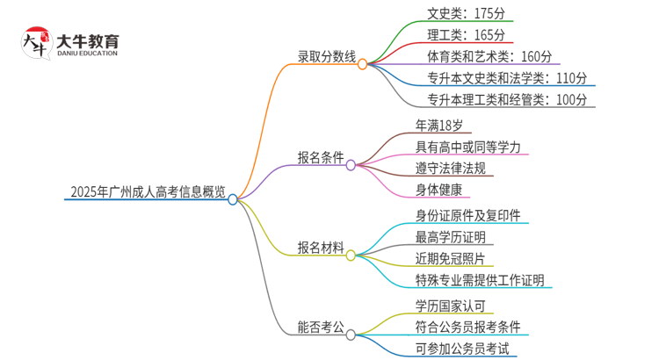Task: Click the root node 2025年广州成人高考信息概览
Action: [148, 192]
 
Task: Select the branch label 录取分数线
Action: [327, 58]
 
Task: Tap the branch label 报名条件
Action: [321, 158]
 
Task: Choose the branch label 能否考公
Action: [321, 328]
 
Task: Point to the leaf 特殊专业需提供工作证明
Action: [481, 280]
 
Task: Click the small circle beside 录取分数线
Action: [362, 64]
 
